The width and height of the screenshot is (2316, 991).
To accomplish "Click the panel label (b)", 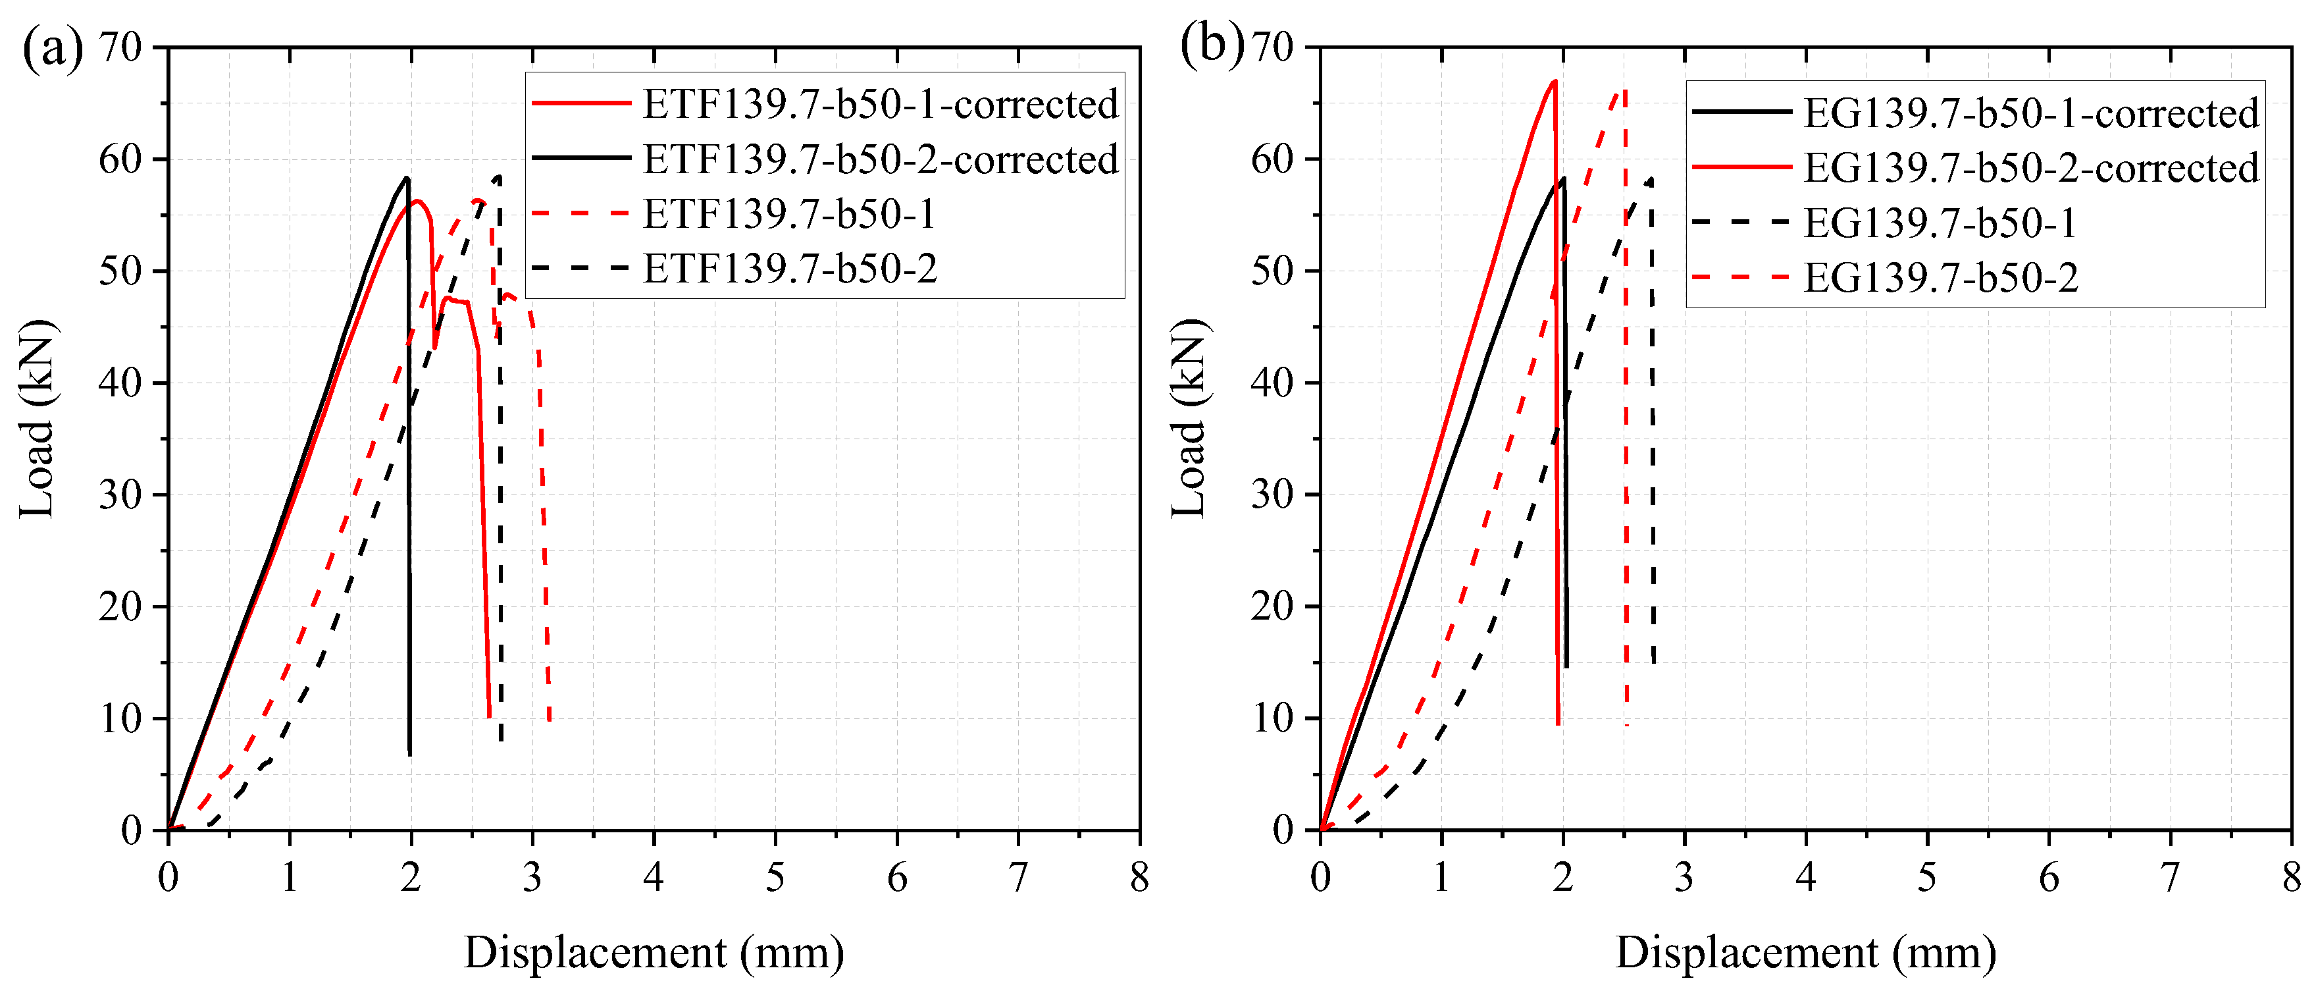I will point(1210,43).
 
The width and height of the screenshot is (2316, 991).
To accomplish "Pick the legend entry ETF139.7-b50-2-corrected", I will point(879,159).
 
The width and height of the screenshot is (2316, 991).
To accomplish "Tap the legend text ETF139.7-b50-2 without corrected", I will point(789,268).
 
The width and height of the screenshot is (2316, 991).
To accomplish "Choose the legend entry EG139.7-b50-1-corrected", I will point(2030,113).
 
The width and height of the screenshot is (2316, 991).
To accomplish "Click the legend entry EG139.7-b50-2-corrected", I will point(2030,168).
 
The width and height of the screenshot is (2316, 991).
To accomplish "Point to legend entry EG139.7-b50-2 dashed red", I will point(1940,278).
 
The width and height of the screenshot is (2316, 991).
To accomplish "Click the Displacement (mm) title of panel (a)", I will point(654,952).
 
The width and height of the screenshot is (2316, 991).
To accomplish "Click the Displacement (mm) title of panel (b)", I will point(1805,952).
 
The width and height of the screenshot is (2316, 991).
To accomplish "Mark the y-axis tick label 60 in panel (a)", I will point(120,159).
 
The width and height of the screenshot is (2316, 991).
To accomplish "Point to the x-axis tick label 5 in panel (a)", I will point(775,877).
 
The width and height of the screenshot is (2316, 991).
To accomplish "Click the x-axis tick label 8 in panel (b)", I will point(2292,877).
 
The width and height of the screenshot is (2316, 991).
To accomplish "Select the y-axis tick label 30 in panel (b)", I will point(1272,495).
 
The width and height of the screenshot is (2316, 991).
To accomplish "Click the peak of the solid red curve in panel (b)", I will point(1555,81).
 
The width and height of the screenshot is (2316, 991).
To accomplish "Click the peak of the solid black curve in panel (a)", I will point(407,177).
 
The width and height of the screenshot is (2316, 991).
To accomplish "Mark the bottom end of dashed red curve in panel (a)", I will point(550,720).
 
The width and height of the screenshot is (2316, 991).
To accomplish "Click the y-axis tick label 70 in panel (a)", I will point(120,47).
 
